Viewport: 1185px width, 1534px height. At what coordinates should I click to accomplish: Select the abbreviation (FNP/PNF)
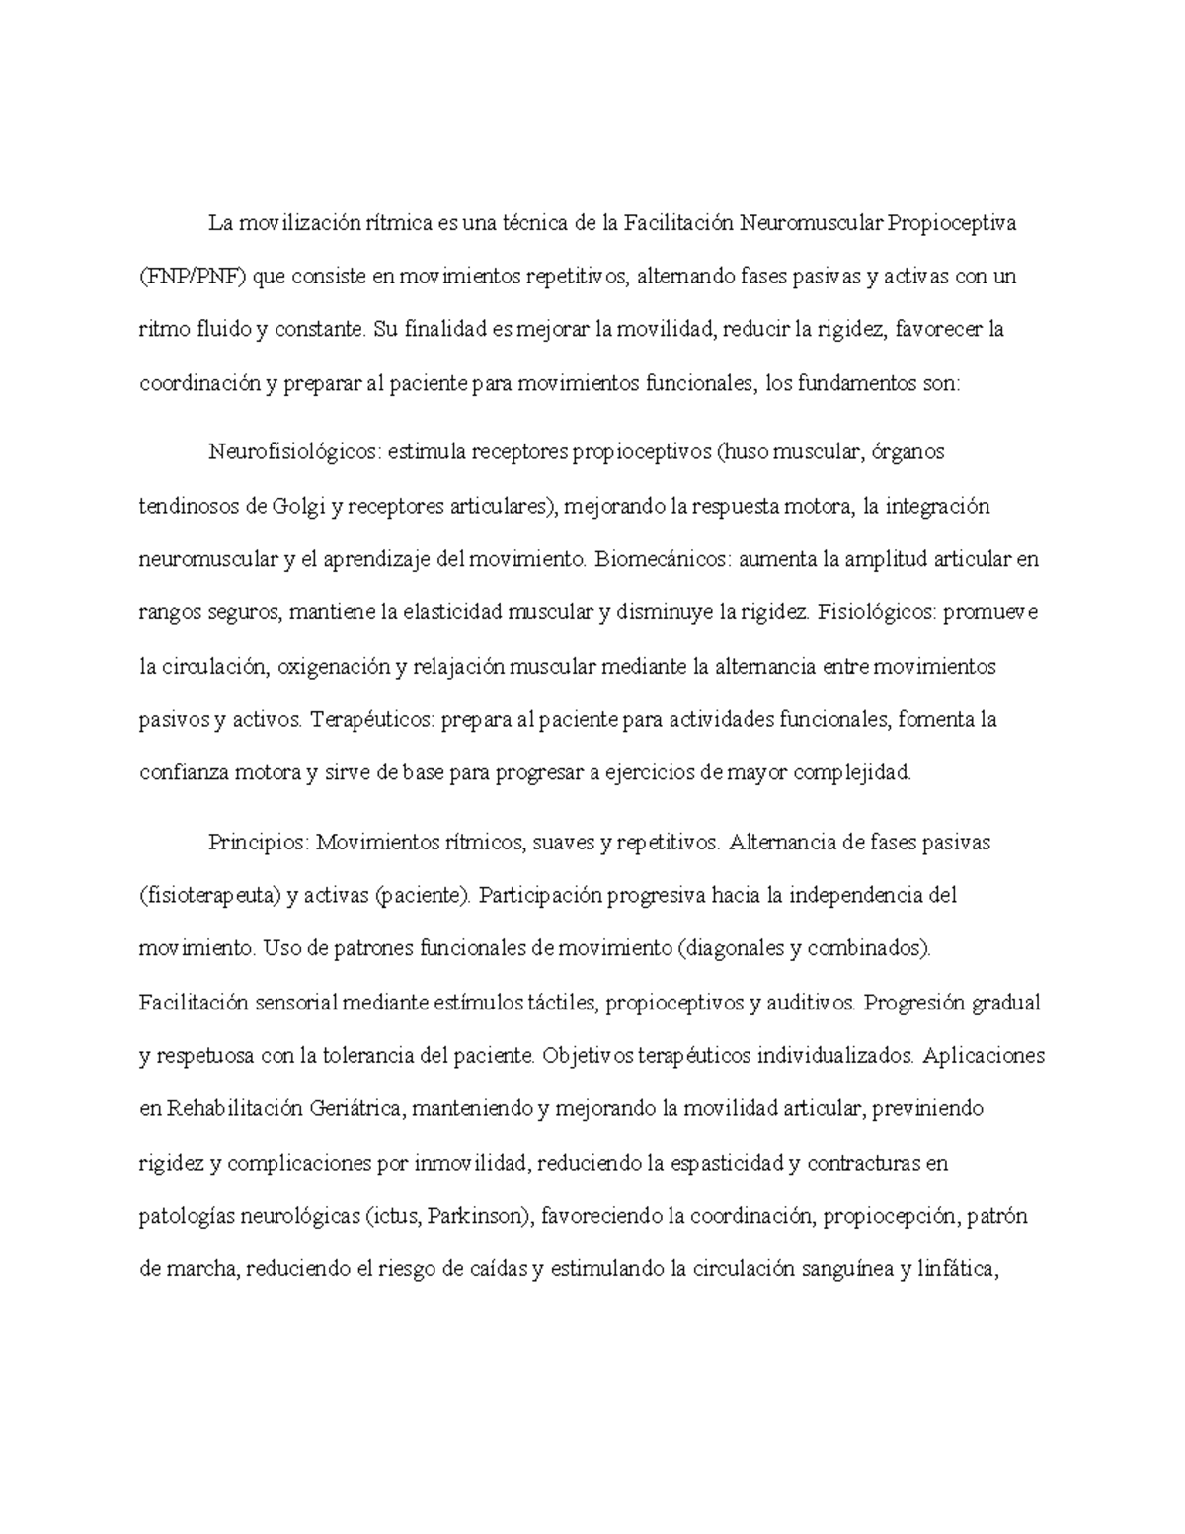pyautogui.click(x=194, y=277)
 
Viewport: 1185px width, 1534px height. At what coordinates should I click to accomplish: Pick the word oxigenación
pyautogui.click(x=334, y=667)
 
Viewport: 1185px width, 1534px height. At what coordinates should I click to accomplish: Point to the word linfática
pyautogui.click(x=955, y=1269)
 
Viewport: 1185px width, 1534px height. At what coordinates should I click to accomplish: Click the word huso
pyautogui.click(x=743, y=452)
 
